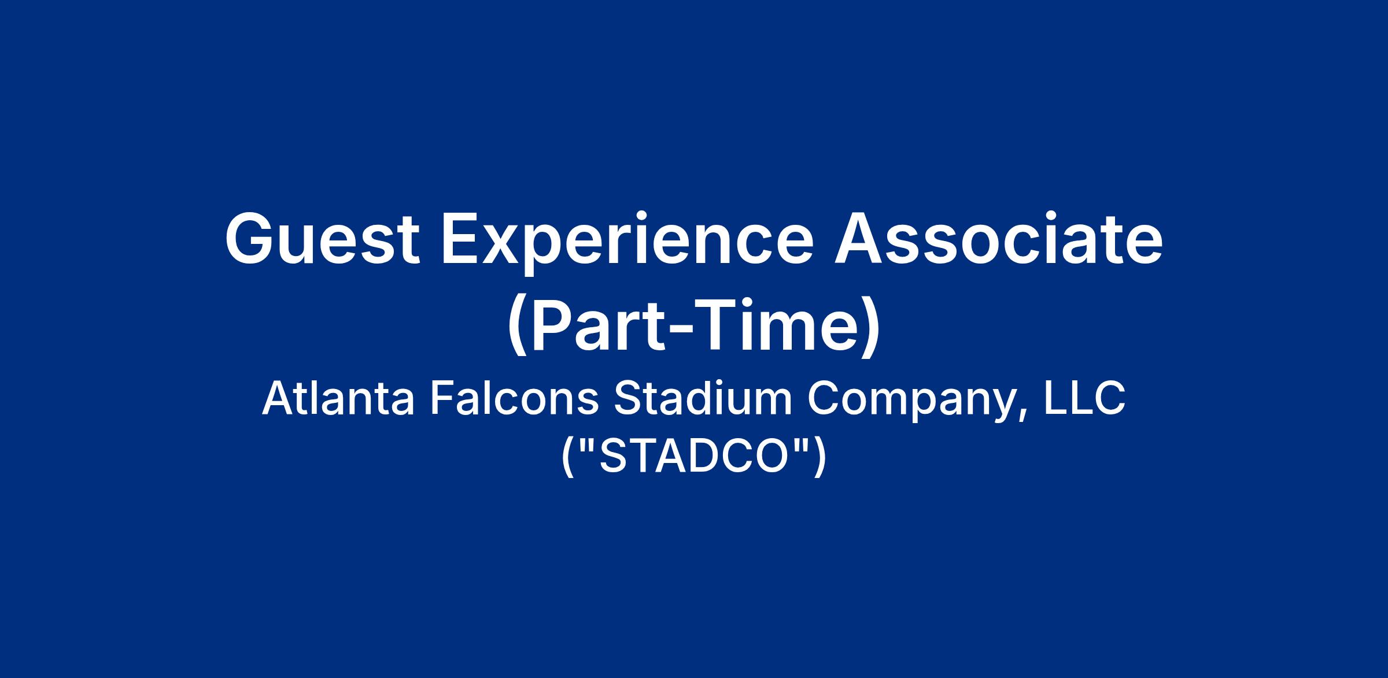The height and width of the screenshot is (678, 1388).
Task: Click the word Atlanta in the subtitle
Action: (339, 399)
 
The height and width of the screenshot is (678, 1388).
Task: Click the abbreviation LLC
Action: (1084, 399)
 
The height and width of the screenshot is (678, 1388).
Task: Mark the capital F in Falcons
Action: (442, 399)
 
